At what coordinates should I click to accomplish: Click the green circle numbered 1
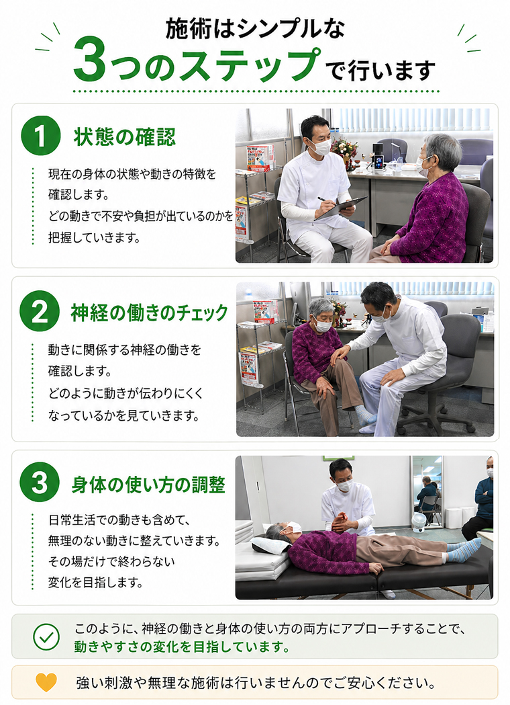click(x=41, y=135)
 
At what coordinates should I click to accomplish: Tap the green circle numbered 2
click(x=40, y=311)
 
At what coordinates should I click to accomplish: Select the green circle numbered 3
click(x=40, y=483)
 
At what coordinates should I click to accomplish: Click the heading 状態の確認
click(x=125, y=136)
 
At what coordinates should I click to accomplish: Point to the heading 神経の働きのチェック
click(x=150, y=313)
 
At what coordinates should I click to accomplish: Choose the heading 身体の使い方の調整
click(x=148, y=485)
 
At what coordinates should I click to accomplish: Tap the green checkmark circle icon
click(x=46, y=636)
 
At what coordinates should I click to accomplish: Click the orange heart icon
click(x=46, y=682)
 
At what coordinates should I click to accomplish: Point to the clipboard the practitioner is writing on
click(x=341, y=208)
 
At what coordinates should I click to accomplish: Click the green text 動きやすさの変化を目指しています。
click(x=182, y=647)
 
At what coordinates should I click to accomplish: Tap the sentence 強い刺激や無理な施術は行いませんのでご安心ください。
click(x=256, y=683)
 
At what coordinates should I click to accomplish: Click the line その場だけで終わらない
click(x=111, y=561)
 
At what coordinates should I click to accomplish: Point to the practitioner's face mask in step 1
click(x=321, y=147)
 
